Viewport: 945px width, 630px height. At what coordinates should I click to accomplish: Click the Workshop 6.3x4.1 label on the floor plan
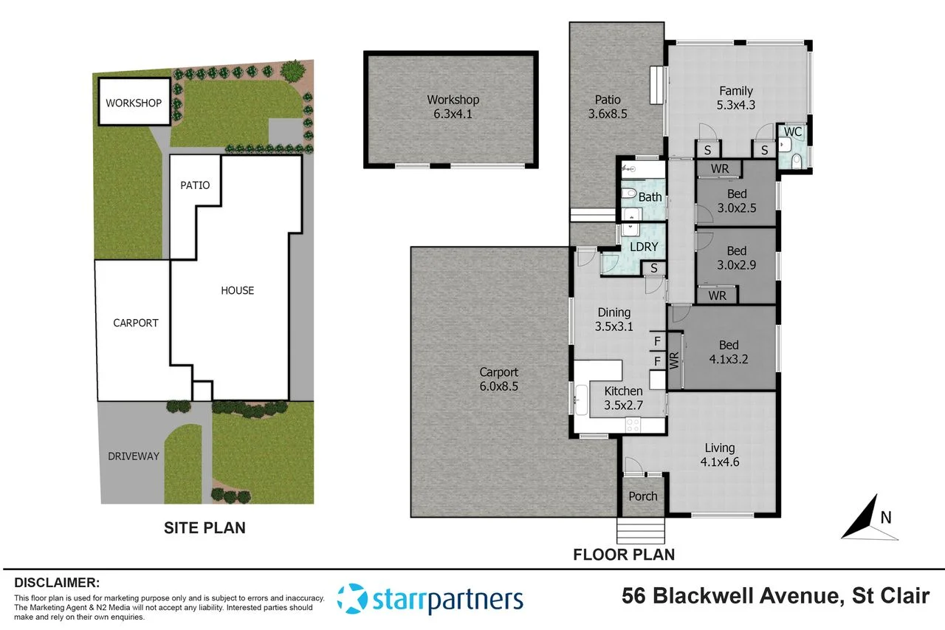(453, 106)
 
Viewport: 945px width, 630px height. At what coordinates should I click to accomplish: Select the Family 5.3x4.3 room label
(736, 98)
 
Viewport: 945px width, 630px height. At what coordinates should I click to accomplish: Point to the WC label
(792, 132)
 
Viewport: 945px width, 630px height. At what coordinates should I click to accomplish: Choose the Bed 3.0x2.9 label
(736, 257)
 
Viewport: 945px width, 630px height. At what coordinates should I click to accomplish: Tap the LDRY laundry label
(643, 247)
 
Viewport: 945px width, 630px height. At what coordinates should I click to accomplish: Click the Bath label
(650, 197)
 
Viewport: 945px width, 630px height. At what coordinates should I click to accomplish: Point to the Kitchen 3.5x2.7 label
(623, 397)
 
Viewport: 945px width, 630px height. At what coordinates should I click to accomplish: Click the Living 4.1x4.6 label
(719, 454)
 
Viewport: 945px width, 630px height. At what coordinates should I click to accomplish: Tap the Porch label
(642, 496)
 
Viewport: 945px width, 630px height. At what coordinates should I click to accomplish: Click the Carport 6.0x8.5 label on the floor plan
(498, 379)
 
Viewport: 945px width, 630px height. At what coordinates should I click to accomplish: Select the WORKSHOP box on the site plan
(133, 103)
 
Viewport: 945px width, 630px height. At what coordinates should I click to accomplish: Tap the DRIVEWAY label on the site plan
(133, 456)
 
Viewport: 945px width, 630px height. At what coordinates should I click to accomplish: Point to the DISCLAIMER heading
(57, 582)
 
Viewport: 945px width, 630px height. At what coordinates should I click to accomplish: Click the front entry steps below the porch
(642, 530)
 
